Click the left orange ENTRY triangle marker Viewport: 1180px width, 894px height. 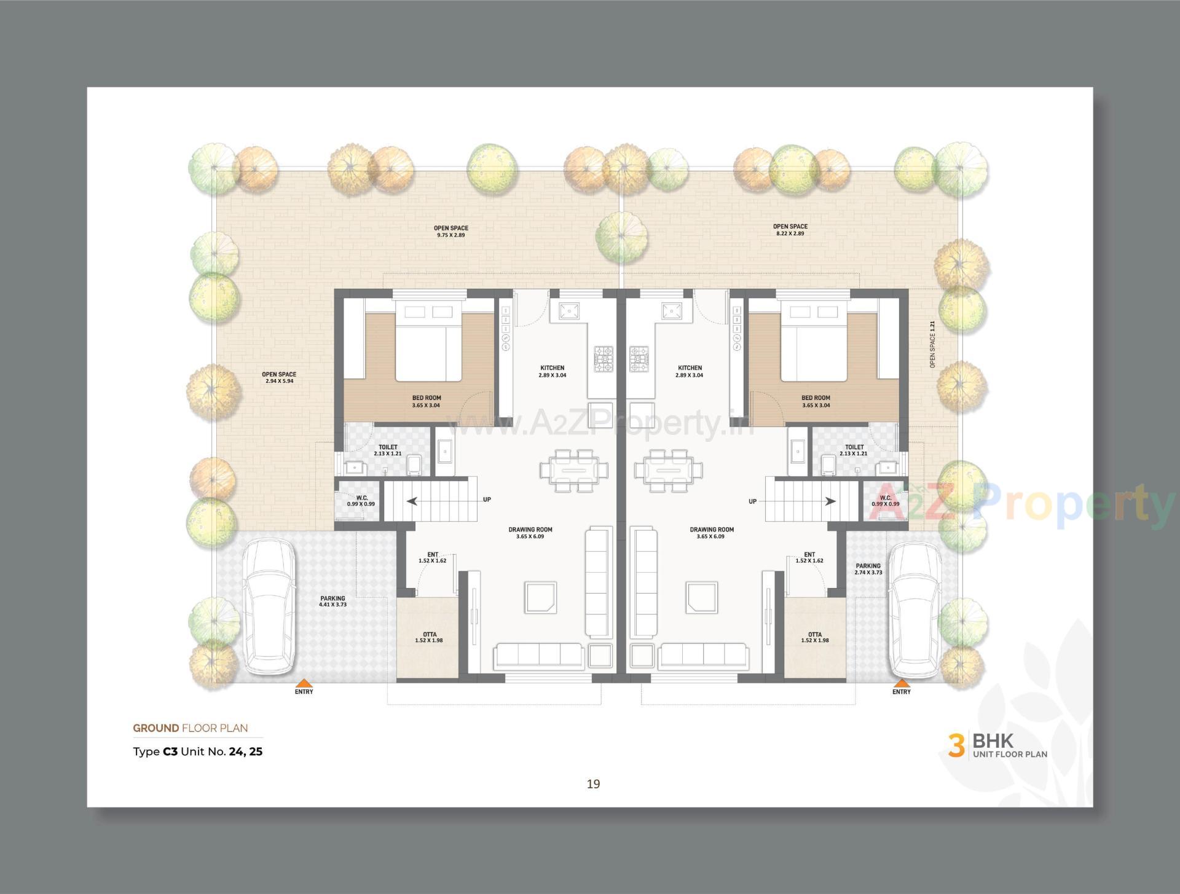point(303,683)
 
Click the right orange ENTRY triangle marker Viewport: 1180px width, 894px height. point(902,683)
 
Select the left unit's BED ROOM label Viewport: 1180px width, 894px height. point(426,401)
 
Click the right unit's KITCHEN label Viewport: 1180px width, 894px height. point(690,371)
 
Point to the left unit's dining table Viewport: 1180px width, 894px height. point(573,470)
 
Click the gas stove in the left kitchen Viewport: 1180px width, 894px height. point(603,359)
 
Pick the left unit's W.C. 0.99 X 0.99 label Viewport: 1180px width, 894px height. point(361,501)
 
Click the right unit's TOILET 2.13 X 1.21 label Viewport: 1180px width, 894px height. point(854,450)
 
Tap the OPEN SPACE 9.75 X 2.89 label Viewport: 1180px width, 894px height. point(451,231)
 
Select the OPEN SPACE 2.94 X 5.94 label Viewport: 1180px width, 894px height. point(279,377)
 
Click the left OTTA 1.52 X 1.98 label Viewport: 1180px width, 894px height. point(429,637)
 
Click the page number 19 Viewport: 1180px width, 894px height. point(593,783)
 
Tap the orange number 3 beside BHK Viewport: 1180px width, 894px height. point(956,745)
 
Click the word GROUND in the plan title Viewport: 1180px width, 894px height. point(156,728)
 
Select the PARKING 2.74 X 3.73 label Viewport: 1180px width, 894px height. point(868,569)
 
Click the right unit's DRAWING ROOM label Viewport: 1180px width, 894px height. point(712,533)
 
